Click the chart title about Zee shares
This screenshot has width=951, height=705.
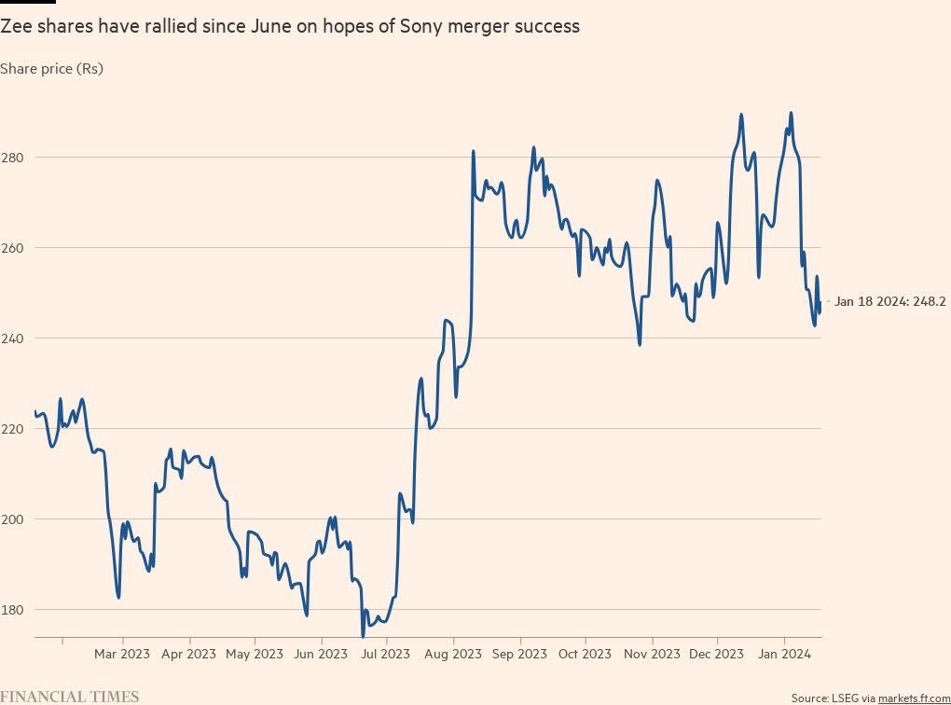pos(290,27)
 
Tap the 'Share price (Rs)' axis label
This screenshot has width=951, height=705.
pos(51,68)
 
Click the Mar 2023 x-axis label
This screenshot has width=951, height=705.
pos(122,654)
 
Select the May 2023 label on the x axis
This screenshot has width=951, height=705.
pos(255,654)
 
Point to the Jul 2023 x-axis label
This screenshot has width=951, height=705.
pos(385,654)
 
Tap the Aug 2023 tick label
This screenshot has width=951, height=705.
pos(453,654)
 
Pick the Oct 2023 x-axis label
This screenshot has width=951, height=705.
pos(585,654)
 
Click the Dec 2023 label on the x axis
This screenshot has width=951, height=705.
pos(716,654)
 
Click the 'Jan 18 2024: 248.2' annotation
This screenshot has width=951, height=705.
pos(890,302)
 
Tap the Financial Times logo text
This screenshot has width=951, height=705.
pos(70,697)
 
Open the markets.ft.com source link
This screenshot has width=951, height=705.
pos(914,698)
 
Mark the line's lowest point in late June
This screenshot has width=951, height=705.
pos(363,636)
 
